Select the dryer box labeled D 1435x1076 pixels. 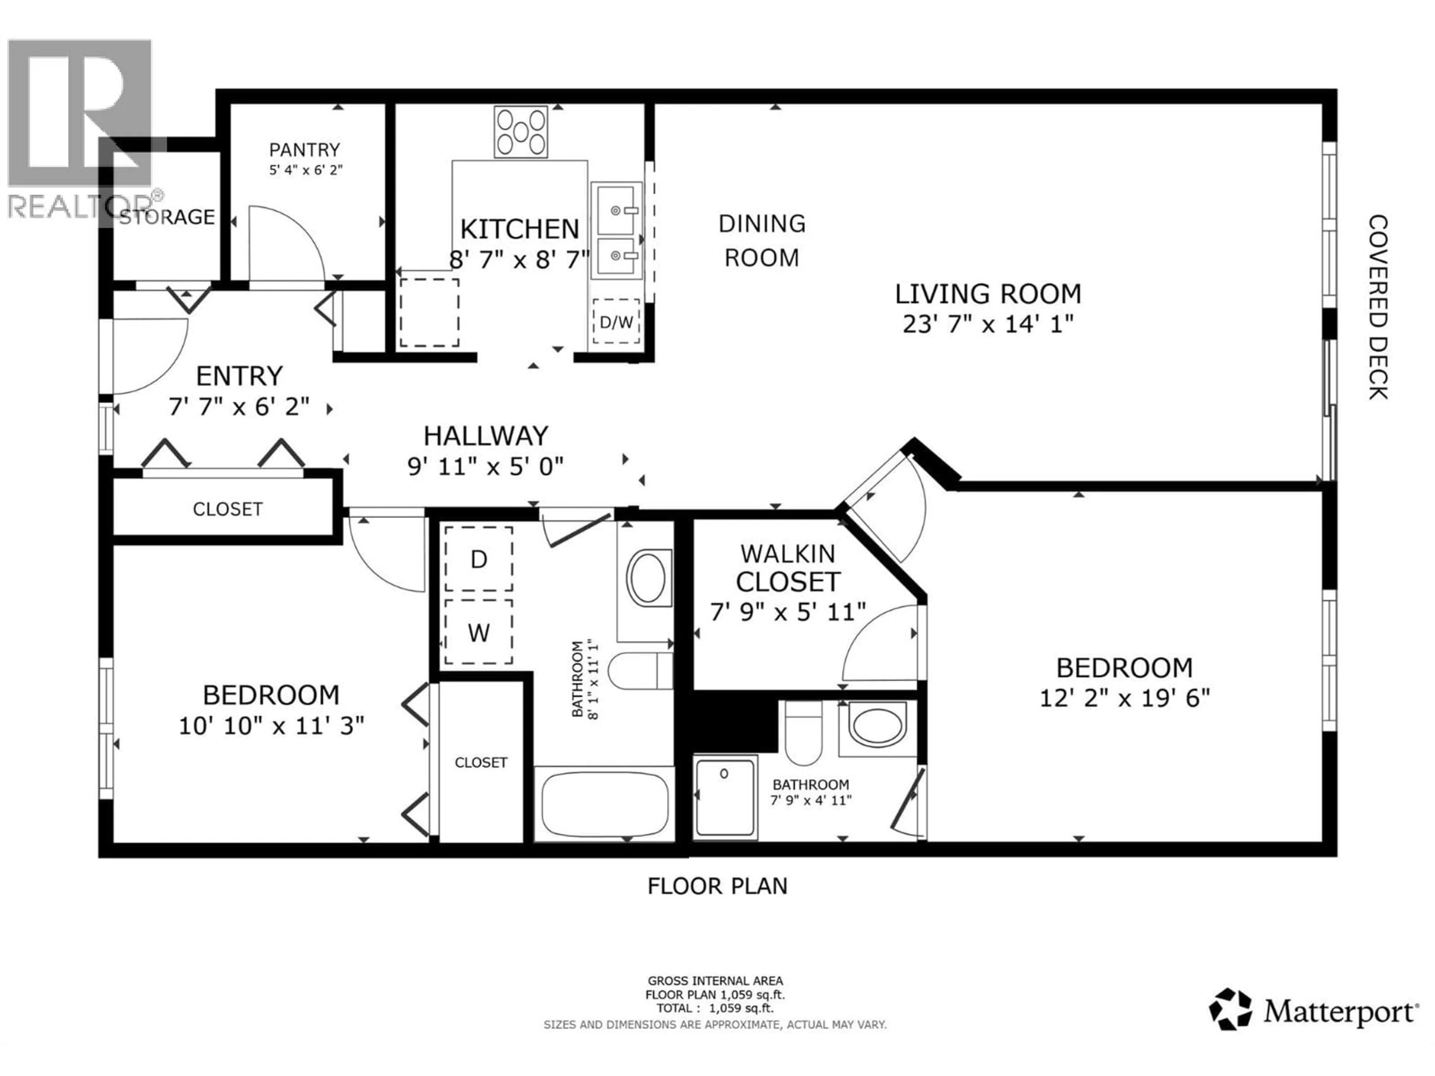click(479, 559)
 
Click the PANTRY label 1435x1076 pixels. click(304, 150)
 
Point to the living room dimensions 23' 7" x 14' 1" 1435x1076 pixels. click(988, 324)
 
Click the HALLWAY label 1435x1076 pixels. click(486, 436)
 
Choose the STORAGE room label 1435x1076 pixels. click(167, 217)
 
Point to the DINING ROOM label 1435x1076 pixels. click(762, 241)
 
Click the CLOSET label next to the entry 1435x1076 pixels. click(227, 509)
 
